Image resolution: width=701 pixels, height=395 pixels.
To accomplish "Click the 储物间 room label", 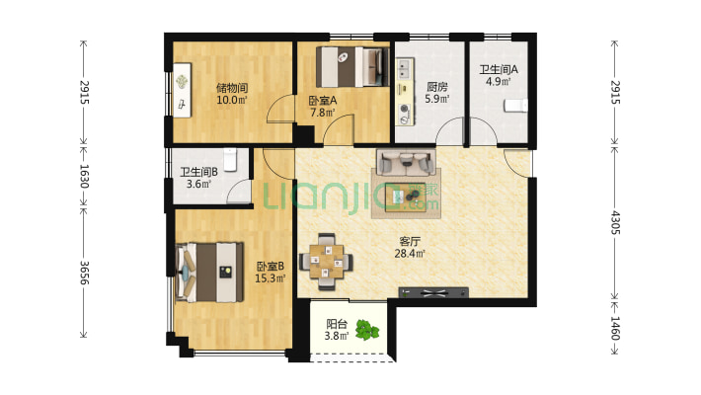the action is point(232,88).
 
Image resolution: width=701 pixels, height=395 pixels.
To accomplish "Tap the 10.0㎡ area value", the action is point(232,100).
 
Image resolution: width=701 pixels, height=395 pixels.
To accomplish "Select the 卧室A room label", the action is point(323,101).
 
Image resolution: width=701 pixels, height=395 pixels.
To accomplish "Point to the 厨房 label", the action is point(436,87).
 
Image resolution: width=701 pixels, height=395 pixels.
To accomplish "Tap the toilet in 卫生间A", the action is point(515,106).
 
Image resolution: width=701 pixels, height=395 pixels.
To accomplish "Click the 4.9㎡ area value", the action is point(499,81).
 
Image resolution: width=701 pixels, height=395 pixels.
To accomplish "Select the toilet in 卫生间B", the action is point(230,160).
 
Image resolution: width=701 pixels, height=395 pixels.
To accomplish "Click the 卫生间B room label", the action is point(198,172).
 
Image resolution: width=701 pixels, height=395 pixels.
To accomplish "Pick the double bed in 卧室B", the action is point(210,272).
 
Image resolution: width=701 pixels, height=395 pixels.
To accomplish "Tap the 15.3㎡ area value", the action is point(270,278).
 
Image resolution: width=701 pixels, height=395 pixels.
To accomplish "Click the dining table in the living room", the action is point(327,262).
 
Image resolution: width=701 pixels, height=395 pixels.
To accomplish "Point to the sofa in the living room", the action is point(406,162).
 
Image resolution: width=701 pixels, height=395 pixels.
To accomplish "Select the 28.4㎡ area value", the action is point(410,254).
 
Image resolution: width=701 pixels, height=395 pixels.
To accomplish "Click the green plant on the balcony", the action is point(367,330).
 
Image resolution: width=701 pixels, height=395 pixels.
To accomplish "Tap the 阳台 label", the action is point(337,324).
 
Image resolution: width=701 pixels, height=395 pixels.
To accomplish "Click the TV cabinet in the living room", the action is point(433,293).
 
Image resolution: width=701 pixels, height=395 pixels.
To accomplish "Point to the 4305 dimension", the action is point(615,222).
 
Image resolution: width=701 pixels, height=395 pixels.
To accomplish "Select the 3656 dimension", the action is point(84,273).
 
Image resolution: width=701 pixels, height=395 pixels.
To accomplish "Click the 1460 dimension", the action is point(615,329).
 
